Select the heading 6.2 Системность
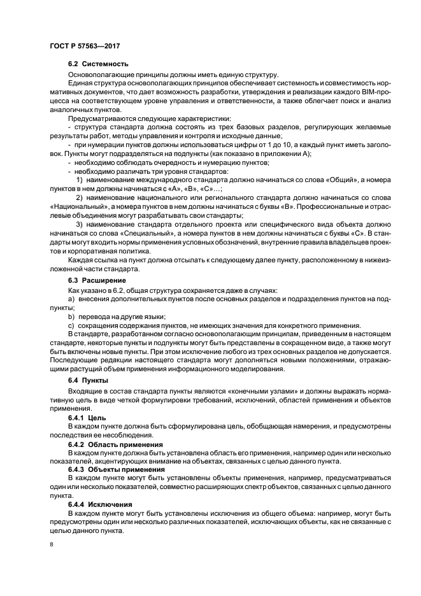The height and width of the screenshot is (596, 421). [98, 64]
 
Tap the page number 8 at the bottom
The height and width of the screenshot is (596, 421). [51, 544]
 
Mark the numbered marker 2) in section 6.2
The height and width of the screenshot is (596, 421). [80, 199]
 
